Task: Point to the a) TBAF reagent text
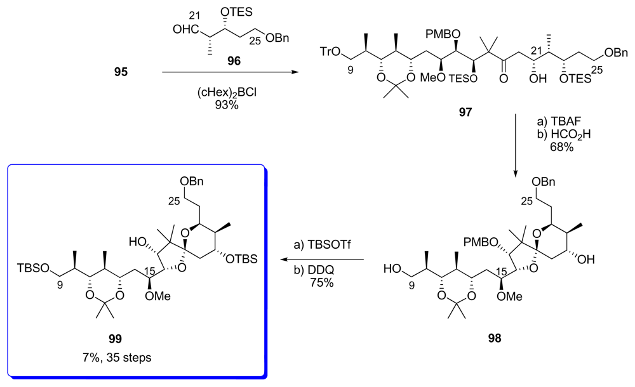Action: (549, 121)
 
